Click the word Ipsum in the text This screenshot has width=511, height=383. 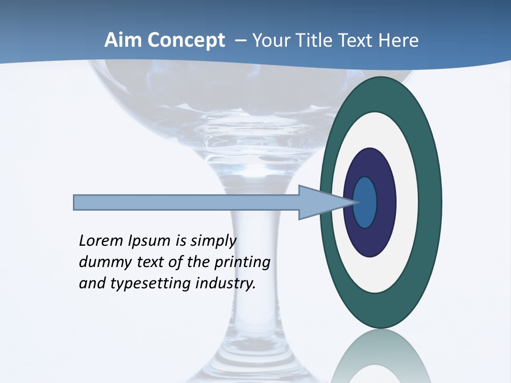150,241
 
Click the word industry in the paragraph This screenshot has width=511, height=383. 226,284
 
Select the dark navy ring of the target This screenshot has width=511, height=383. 386,202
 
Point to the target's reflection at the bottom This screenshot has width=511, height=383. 380,359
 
